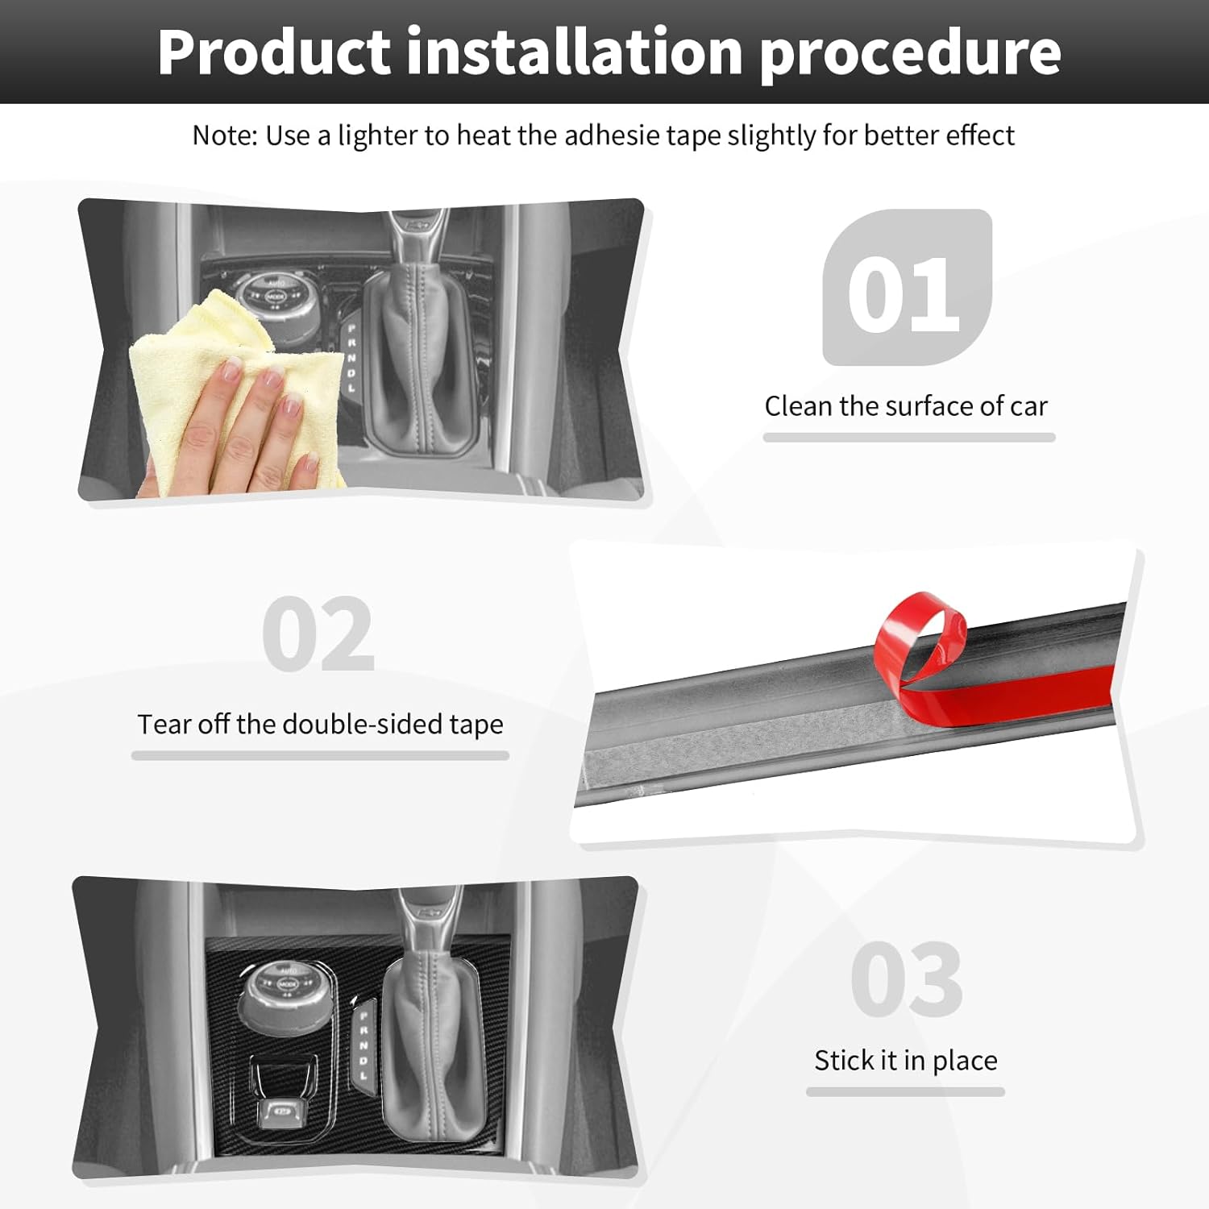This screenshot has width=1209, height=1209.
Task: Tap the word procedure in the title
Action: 911,53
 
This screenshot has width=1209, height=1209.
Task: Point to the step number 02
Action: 318,634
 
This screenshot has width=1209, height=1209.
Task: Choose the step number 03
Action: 907,979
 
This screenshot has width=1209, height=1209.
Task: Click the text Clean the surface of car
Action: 906,406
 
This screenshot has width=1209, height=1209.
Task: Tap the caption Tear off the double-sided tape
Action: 320,725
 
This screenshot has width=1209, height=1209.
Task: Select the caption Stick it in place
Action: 906,1061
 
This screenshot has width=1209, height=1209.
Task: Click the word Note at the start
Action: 222,135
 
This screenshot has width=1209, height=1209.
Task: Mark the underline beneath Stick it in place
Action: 905,1091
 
